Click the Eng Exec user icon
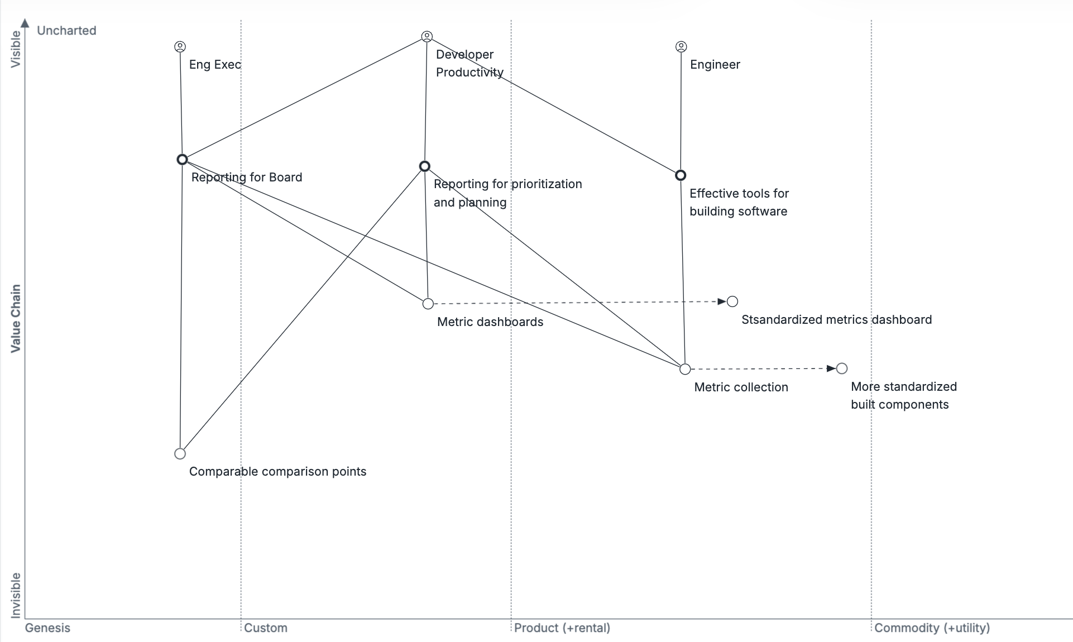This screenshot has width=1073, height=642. click(x=180, y=47)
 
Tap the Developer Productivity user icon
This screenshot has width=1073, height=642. click(x=427, y=37)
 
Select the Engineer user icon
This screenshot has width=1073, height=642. click(x=681, y=47)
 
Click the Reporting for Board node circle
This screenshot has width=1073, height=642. click(x=182, y=160)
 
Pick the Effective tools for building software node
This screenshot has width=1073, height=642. click(x=681, y=175)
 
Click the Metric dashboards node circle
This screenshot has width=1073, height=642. click(x=428, y=304)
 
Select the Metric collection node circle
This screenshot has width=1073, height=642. click(x=685, y=369)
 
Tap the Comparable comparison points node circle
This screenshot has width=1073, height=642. click(x=180, y=453)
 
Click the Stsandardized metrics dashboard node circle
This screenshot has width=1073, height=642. click(x=732, y=301)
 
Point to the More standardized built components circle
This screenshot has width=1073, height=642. click(x=842, y=368)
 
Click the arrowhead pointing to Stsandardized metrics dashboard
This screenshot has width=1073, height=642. click(x=722, y=301)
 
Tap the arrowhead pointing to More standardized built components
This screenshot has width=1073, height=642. click(x=831, y=368)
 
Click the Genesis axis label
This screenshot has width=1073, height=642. click(x=47, y=628)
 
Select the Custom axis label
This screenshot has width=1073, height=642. click(x=266, y=628)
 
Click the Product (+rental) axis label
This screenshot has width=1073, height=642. click(x=562, y=628)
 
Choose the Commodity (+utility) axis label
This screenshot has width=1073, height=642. click(x=932, y=628)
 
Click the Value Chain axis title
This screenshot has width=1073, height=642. click(x=16, y=318)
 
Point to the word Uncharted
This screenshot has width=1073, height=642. click(x=66, y=31)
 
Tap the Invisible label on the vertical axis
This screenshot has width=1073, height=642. click(x=16, y=595)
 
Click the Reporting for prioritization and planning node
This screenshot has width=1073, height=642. click(x=425, y=166)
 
